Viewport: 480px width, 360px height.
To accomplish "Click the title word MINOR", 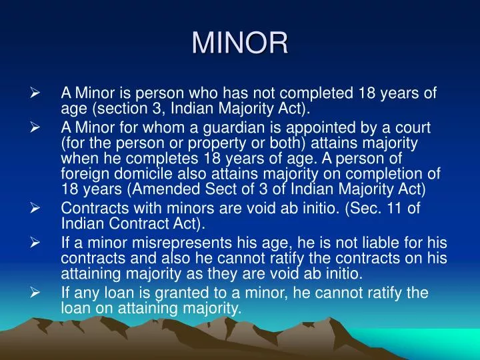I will pyautogui.click(x=240, y=43).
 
